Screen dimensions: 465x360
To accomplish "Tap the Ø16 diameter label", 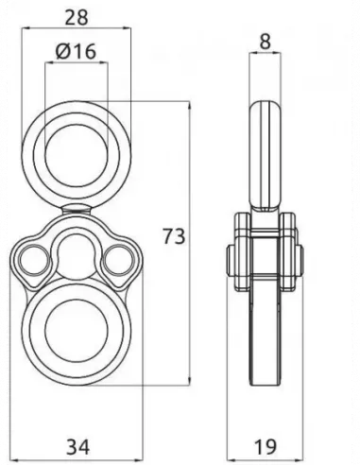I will pyautogui.click(x=77, y=52).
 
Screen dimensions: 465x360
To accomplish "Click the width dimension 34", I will pyautogui.click(x=79, y=444).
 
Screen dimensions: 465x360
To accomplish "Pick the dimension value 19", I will pyautogui.click(x=267, y=444).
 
